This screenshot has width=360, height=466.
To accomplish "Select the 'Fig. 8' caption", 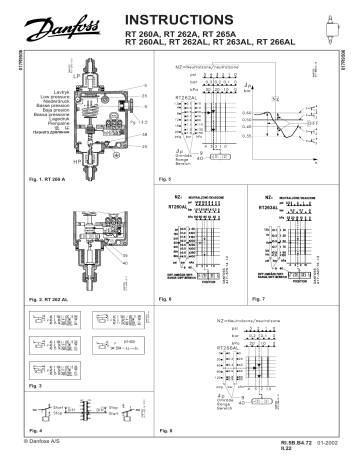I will pos(166,427).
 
